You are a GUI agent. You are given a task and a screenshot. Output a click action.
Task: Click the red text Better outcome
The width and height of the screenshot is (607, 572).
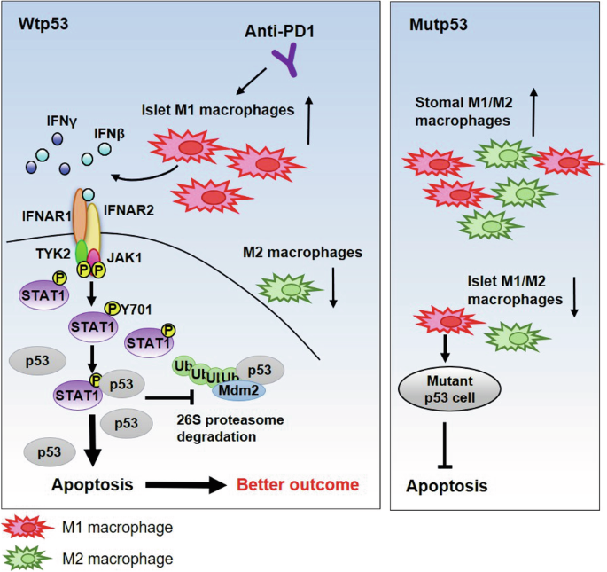tap(297, 485)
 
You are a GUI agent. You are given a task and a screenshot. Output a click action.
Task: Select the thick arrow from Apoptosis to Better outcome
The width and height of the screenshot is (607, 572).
tap(185, 485)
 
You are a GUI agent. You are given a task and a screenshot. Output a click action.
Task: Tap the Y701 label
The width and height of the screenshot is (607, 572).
tap(137, 308)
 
